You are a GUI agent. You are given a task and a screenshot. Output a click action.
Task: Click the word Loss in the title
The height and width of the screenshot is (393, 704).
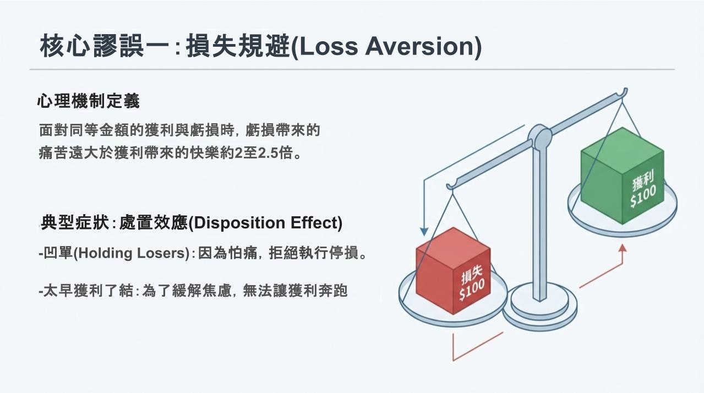pyautogui.click(x=327, y=47)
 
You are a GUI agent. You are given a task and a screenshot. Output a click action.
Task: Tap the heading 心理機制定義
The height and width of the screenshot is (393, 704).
pyautogui.click(x=88, y=101)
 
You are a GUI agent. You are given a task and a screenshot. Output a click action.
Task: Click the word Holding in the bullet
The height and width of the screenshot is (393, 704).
pyautogui.click(x=105, y=253)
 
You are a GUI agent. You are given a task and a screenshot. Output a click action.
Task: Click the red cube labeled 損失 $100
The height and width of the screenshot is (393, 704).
pyautogui.click(x=453, y=270)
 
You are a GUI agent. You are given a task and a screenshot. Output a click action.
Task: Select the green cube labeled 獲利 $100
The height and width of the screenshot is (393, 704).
pyautogui.click(x=623, y=176)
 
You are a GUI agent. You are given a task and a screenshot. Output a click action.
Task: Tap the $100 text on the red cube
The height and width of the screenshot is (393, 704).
pyautogui.click(x=471, y=290)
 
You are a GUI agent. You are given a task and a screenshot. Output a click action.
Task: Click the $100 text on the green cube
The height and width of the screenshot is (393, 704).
pyautogui.click(x=643, y=196)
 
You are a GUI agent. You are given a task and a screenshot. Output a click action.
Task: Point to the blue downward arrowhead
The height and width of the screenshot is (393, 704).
pyautogui.click(x=424, y=231)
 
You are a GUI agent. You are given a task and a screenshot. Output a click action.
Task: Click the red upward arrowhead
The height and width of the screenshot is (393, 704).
pyautogui.click(x=623, y=248)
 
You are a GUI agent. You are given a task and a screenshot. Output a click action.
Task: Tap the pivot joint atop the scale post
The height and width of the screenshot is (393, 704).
pyautogui.click(x=539, y=136)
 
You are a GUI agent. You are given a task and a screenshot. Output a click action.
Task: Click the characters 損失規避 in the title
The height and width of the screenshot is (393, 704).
pyautogui.click(x=238, y=47)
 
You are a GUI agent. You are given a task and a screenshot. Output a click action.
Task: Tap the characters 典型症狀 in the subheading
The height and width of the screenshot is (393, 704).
pyautogui.click(x=75, y=222)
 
